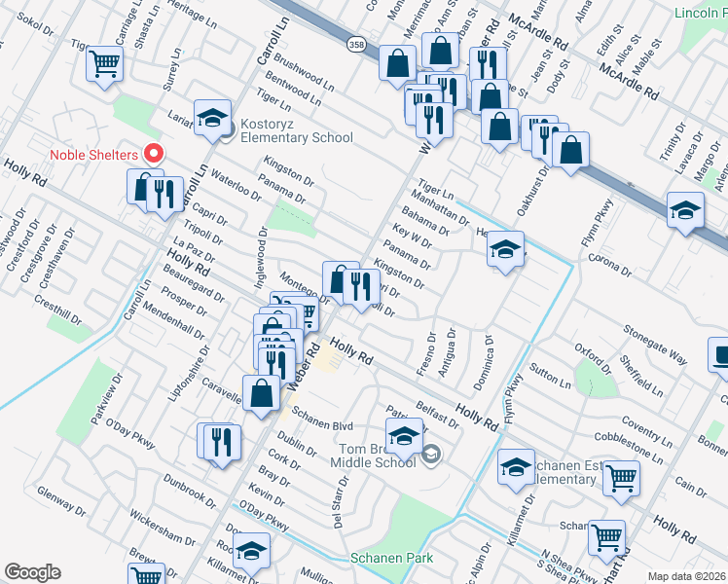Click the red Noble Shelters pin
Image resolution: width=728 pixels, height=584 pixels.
point(153,153)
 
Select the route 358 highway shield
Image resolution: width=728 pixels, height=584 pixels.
point(356,45)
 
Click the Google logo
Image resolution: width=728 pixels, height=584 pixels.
point(32,572)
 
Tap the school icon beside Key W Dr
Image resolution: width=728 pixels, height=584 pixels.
point(505,249)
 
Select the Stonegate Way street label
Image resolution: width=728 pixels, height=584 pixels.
point(656,347)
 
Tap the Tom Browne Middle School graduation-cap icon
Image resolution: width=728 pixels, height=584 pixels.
point(405,438)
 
